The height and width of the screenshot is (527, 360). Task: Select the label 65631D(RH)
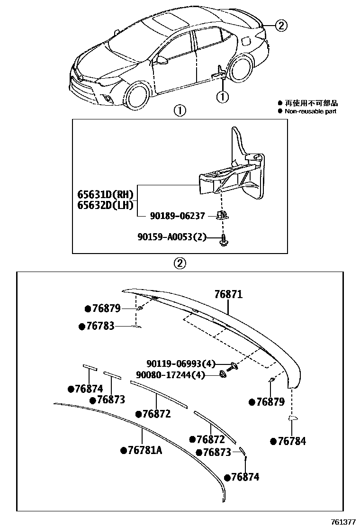106,194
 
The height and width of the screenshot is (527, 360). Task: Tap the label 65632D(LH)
106,205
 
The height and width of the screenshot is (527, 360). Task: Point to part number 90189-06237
177,216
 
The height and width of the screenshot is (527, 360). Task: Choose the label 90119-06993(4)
180,364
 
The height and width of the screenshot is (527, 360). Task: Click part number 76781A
144,450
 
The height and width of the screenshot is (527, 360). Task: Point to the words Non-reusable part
310,111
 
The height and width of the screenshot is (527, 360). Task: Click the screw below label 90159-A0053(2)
222,242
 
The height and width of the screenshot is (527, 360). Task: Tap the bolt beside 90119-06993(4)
232,365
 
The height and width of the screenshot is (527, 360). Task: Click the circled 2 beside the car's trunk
281,26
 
